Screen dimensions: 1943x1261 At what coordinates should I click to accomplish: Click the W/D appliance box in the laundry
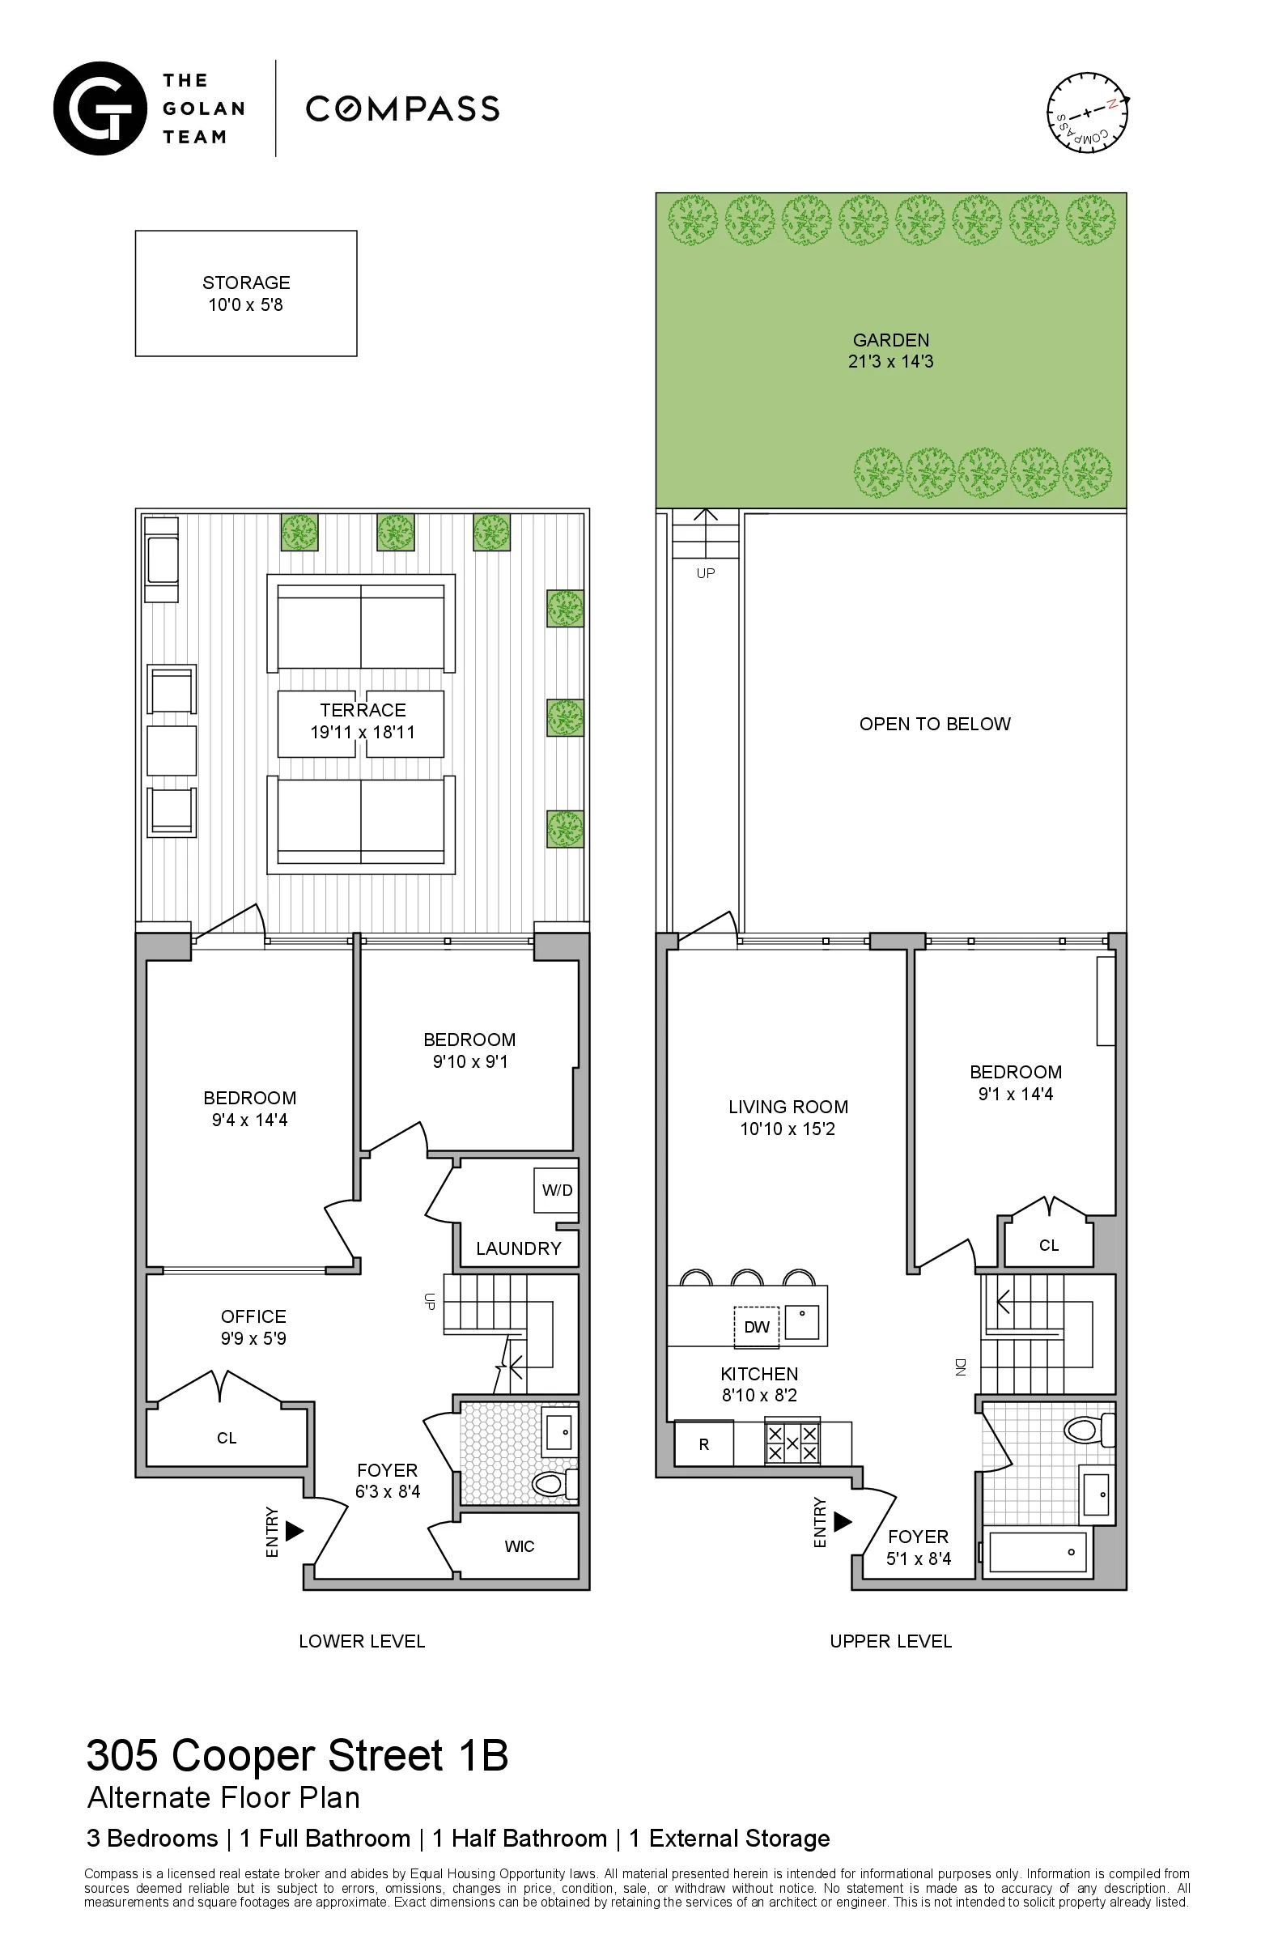(x=557, y=1190)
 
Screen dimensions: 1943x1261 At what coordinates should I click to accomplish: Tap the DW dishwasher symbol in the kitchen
(x=757, y=1327)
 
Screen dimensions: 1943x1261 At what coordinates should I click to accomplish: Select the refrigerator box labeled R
(x=703, y=1444)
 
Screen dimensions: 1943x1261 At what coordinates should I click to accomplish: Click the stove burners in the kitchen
(x=792, y=1443)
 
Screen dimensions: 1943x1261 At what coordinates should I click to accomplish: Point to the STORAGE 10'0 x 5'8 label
(x=246, y=294)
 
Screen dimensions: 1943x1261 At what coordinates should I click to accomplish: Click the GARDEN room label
(x=890, y=341)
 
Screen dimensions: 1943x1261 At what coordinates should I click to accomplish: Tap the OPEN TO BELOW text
(x=935, y=724)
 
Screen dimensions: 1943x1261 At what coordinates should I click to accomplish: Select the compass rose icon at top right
(x=1088, y=113)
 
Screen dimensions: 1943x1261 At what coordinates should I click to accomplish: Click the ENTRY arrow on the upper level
(x=843, y=1522)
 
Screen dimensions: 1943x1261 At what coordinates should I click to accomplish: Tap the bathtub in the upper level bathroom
(x=1038, y=1552)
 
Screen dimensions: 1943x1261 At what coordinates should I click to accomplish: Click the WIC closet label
(x=519, y=1546)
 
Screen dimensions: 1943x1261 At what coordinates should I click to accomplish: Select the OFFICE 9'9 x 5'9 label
(x=253, y=1328)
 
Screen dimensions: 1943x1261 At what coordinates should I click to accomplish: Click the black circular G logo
(x=100, y=108)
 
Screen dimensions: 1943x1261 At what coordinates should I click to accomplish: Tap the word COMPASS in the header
(x=402, y=108)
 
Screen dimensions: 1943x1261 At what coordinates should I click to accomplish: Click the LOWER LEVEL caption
(x=362, y=1641)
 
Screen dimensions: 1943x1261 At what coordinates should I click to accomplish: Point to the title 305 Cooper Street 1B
(x=297, y=1754)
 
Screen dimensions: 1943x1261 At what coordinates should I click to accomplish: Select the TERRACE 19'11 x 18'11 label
(x=363, y=721)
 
